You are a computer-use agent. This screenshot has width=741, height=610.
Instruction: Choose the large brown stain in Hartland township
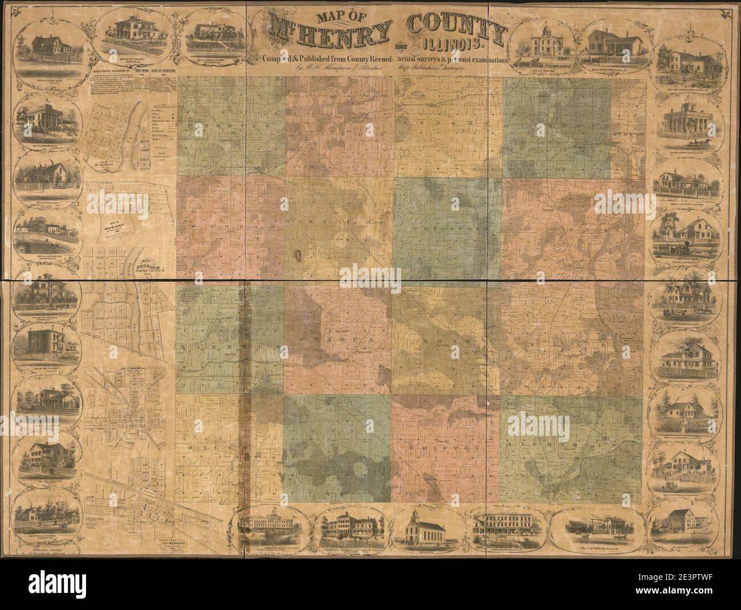click(299, 255)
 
